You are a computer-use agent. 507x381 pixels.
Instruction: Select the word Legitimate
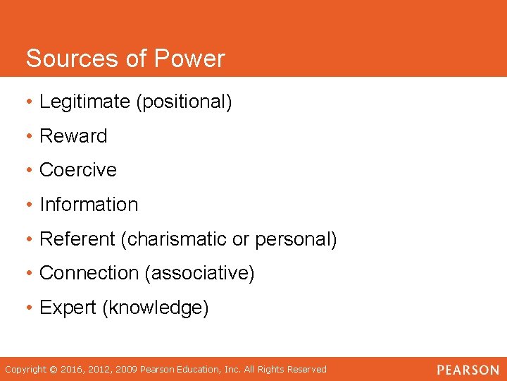click(85, 102)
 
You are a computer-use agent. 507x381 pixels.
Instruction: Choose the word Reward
click(73, 135)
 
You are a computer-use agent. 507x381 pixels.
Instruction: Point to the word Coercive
click(78, 170)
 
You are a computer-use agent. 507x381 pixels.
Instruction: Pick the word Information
click(89, 205)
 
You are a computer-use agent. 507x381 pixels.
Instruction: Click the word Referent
click(77, 239)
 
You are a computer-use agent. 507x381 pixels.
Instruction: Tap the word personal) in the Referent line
click(296, 239)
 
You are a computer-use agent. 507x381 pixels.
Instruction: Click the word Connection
click(89, 273)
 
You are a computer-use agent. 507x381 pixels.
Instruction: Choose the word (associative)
click(199, 273)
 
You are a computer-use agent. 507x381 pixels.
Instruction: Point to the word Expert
click(68, 308)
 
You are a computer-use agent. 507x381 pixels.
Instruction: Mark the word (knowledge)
click(156, 308)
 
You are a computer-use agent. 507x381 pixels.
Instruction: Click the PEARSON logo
click(467, 370)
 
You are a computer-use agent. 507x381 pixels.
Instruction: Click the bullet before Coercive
click(30, 170)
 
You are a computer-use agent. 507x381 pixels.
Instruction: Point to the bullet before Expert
click(30, 308)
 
